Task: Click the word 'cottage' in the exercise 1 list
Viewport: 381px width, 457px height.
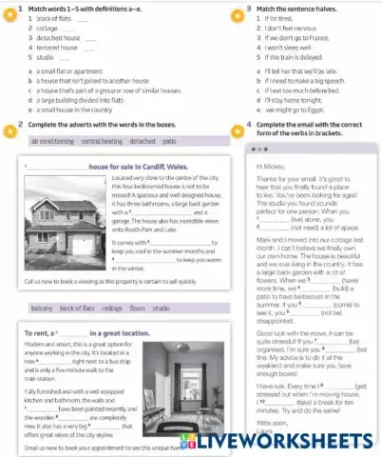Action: tap(39, 30)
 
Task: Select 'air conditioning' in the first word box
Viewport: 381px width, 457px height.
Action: tap(52, 140)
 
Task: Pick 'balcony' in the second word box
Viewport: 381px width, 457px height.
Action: tap(42, 308)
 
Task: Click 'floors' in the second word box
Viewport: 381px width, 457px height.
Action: tap(138, 308)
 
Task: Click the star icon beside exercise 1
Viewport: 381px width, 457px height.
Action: tap(8, 8)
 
